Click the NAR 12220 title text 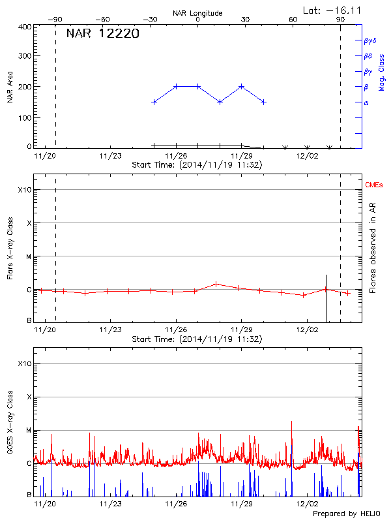(102, 34)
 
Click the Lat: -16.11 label (333, 10)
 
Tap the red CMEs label (374, 185)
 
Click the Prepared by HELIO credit (346, 514)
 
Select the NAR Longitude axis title (197, 13)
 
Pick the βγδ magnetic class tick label (369, 40)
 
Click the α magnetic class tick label (366, 102)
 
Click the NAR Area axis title (10, 87)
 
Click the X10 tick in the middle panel (24, 190)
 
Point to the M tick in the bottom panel (28, 430)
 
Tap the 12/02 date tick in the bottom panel (307, 504)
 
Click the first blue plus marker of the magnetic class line (154, 102)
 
